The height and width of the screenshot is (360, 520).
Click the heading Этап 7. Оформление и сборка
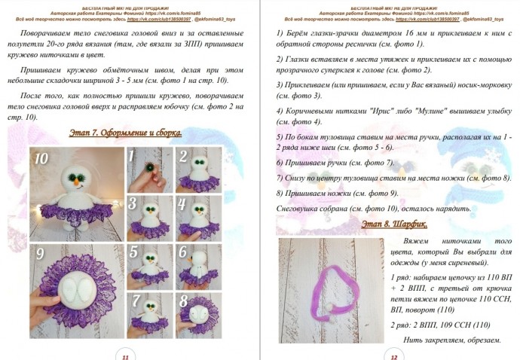pos(121,133)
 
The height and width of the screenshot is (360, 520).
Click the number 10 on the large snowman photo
pos(41,157)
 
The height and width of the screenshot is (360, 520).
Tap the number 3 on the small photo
pos(133,204)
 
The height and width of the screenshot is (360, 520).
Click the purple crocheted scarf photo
pos(329,290)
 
